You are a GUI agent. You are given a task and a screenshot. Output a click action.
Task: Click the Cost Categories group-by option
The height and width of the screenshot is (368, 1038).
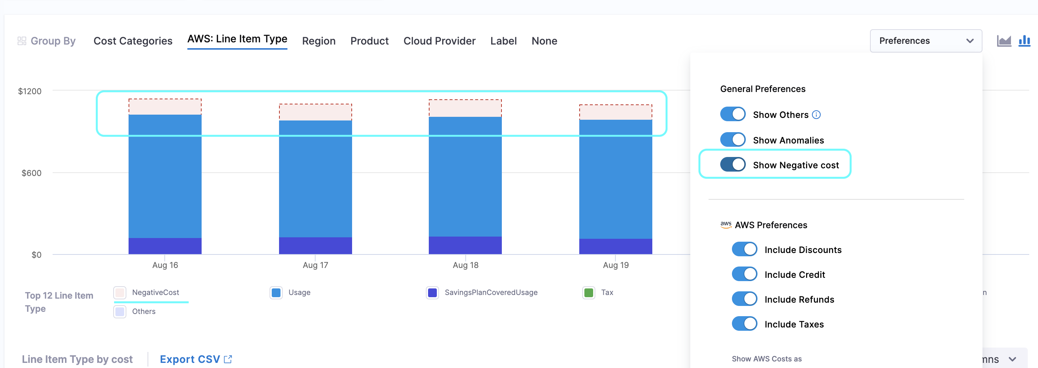tap(133, 41)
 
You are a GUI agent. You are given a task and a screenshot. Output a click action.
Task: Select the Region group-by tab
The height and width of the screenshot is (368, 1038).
tap(318, 41)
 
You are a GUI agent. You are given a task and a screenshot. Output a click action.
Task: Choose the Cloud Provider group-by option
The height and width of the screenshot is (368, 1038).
tap(439, 41)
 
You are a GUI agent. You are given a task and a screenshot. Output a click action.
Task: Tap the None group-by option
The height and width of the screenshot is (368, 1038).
tap(544, 41)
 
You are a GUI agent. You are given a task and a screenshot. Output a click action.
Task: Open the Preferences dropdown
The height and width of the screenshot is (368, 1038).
tap(926, 41)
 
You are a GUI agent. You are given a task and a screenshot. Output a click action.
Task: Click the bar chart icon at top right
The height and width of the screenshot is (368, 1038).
tap(1024, 41)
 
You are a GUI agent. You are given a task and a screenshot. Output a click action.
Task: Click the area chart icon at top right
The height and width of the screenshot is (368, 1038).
tap(1004, 41)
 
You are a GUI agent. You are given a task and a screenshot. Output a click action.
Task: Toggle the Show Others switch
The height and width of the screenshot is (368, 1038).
tap(733, 114)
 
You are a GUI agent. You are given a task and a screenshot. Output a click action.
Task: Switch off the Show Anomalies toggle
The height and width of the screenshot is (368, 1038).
tap(733, 140)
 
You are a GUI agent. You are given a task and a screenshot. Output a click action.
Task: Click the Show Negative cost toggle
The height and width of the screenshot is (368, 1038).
tap(733, 165)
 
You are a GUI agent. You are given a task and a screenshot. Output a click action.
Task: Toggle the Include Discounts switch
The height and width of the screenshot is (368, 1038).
tap(744, 249)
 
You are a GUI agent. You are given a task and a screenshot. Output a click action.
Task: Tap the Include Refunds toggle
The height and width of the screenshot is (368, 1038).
tap(744, 299)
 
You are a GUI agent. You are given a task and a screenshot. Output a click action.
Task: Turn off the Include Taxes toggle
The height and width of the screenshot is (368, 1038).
tap(744, 324)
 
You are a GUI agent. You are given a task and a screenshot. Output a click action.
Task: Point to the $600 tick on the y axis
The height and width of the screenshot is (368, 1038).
tap(31, 173)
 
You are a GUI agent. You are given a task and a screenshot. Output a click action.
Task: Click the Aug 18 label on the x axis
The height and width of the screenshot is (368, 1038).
tap(465, 265)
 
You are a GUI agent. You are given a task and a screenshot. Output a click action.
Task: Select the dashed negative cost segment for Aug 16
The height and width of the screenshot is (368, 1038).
tap(165, 107)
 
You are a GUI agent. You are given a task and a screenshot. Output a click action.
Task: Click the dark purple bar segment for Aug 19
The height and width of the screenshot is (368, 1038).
tap(615, 246)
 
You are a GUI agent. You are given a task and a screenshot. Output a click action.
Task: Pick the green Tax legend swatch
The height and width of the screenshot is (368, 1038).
tap(589, 293)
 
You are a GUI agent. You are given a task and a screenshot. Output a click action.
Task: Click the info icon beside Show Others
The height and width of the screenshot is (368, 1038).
tap(816, 115)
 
